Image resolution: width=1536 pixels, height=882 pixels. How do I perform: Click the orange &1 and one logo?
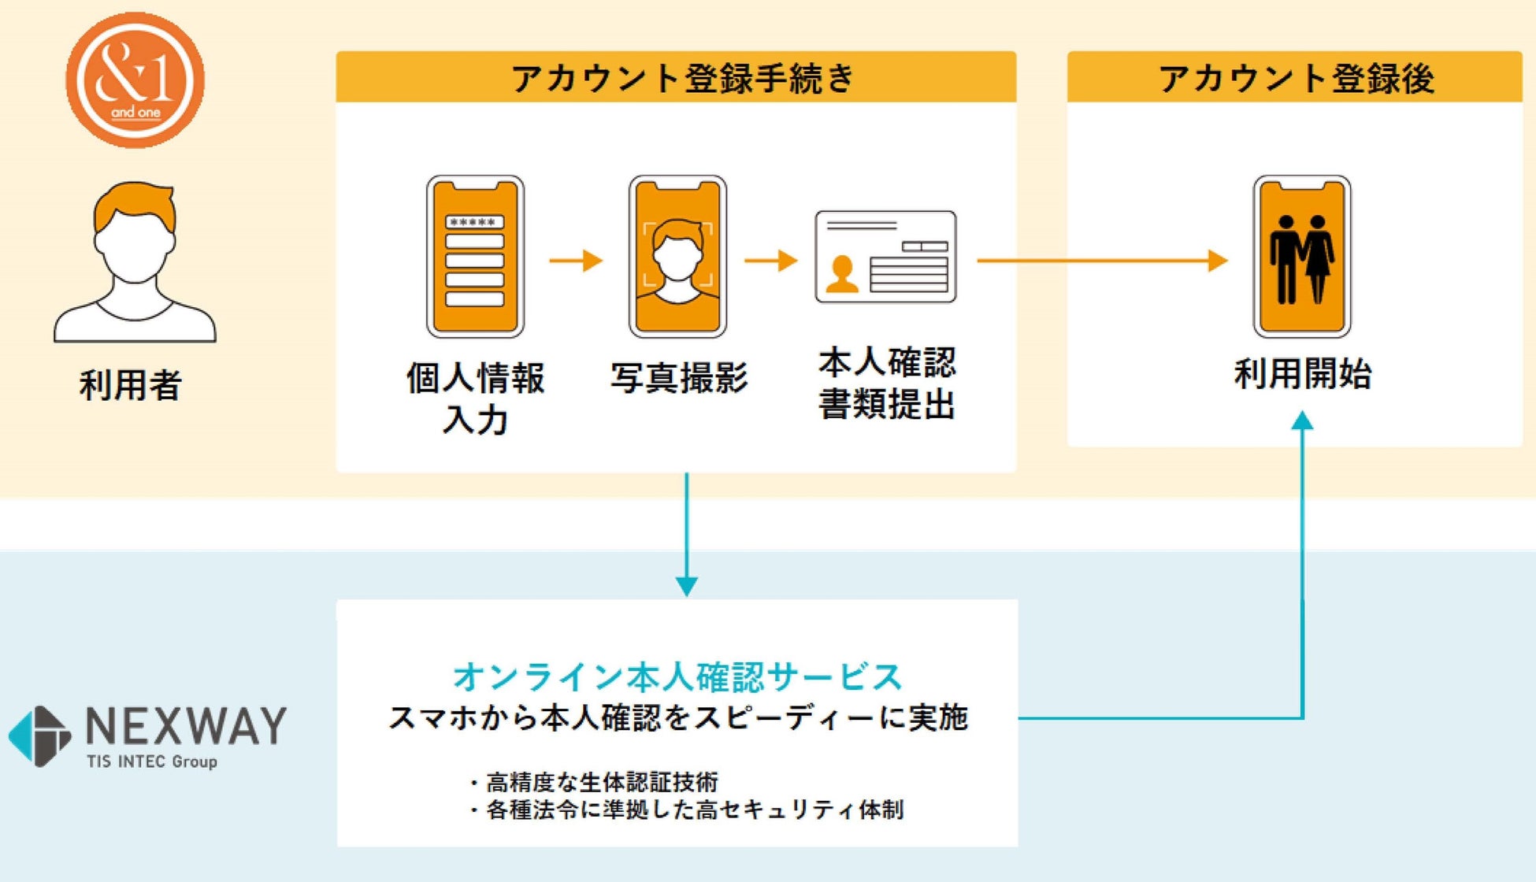click(135, 80)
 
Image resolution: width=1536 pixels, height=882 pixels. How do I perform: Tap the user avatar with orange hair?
click(135, 261)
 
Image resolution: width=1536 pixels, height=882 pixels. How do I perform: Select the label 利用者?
click(131, 385)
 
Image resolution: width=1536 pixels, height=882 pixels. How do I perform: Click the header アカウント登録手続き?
click(682, 78)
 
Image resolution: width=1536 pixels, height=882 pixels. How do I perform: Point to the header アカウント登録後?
click(1296, 79)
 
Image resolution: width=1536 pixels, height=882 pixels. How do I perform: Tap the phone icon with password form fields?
click(475, 257)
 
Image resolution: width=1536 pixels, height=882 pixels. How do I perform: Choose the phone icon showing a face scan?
click(677, 257)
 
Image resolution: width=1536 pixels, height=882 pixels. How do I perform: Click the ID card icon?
click(885, 257)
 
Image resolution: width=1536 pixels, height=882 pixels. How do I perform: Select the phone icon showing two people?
click(1302, 257)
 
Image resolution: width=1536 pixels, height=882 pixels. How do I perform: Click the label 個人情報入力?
click(475, 398)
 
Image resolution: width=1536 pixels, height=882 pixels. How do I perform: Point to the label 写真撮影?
click(679, 378)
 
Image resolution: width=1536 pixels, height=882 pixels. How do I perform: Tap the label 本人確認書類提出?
click(887, 383)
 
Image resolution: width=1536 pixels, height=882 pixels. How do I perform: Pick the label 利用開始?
click(1303, 373)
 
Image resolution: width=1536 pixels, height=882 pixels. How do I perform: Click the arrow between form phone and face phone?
click(576, 260)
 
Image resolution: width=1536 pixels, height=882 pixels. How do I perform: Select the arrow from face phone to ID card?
click(771, 260)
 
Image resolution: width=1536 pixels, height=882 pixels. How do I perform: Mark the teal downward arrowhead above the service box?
click(687, 587)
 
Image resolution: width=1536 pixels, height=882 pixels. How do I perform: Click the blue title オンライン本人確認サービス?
click(678, 676)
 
